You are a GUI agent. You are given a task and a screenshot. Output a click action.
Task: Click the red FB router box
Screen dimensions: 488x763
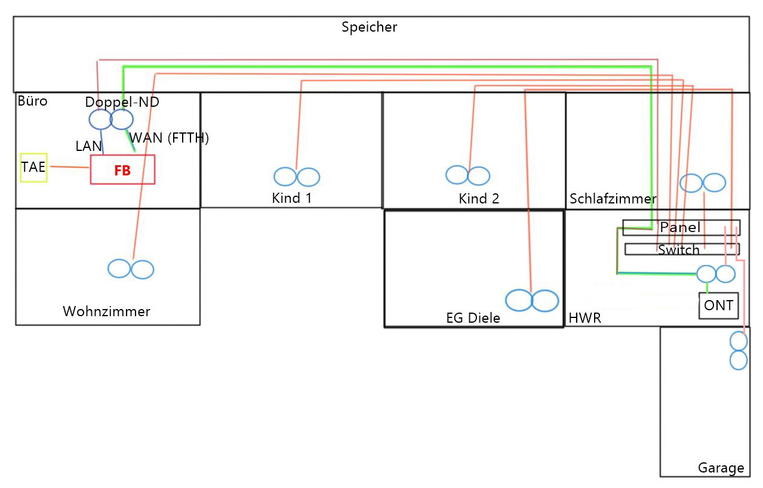[122, 170]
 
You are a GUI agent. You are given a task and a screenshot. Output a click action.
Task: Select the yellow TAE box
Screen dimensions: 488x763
[33, 168]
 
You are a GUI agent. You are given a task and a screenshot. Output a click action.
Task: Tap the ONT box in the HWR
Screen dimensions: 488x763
[719, 305]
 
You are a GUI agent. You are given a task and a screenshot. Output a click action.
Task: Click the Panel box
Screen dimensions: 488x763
[681, 227]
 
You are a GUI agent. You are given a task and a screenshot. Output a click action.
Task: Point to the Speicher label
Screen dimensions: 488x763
[369, 27]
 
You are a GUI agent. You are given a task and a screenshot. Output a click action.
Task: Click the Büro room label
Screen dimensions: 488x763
[32, 101]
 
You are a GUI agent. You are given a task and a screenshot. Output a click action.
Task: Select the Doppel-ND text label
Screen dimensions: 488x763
[122, 102]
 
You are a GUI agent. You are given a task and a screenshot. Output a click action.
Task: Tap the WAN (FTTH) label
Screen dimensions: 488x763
[170, 138]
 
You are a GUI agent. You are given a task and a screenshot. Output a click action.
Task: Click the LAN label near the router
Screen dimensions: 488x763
[88, 146]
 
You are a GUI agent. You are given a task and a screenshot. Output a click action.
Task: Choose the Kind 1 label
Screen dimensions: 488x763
[291, 198]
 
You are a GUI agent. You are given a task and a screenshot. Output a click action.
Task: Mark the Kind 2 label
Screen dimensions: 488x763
[479, 199]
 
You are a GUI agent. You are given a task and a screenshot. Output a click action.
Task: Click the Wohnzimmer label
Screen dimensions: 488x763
[106, 311]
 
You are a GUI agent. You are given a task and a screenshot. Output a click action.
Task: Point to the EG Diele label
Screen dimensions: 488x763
[473, 318]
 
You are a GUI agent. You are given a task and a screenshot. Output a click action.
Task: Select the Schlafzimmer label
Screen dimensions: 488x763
[613, 199]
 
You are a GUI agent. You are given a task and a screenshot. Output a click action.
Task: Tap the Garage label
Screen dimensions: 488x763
[721, 468]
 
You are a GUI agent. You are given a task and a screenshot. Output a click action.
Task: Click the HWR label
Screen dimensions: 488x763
[584, 319]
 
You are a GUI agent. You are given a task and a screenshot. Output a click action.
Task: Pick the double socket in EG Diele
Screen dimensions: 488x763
[532, 301]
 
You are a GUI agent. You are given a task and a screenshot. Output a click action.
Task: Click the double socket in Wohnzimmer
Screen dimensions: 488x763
[131, 270]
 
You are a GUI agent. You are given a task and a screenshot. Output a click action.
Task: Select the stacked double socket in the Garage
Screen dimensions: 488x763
[739, 351]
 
